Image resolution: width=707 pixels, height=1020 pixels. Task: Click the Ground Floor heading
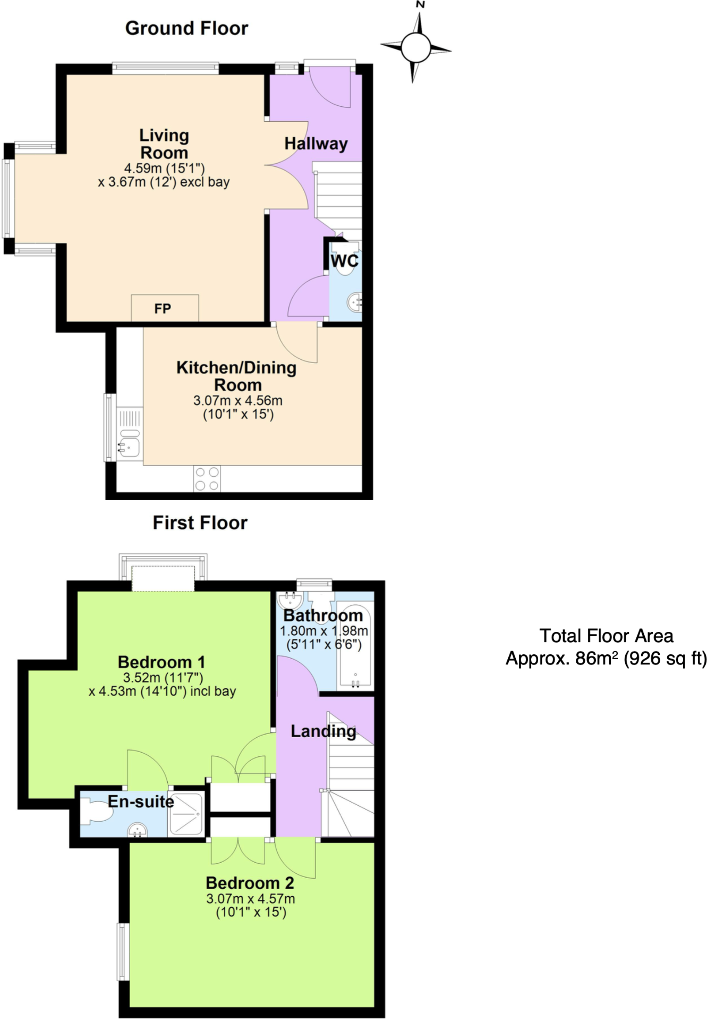[x=186, y=28]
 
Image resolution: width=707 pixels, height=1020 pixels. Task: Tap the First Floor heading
[x=200, y=522]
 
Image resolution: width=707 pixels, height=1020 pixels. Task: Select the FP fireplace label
[x=163, y=308]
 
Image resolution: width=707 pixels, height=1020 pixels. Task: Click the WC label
[x=344, y=261]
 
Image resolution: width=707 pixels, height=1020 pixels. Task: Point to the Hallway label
[x=316, y=144]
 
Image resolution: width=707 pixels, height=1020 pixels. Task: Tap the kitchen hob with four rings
[x=207, y=478]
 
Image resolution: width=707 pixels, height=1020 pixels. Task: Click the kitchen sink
[x=129, y=446]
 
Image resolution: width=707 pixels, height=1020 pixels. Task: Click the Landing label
[x=323, y=731]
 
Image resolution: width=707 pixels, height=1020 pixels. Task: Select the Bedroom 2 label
[x=250, y=883]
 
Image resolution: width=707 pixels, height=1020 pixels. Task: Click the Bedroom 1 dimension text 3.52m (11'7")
[x=163, y=678]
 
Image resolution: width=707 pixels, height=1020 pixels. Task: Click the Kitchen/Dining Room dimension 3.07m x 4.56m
[x=238, y=400]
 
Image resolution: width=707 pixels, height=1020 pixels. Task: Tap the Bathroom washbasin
[x=290, y=601]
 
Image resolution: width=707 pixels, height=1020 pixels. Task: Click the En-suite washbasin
[x=138, y=830]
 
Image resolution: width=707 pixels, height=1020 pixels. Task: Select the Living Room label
[x=164, y=144]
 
